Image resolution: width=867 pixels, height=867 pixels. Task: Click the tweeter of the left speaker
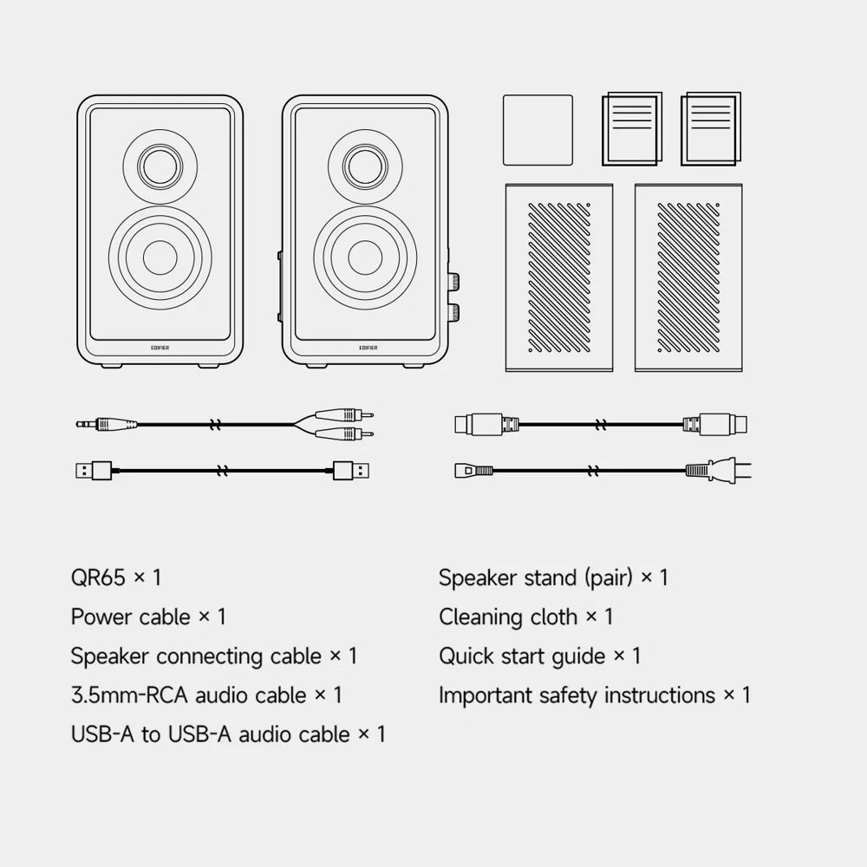pos(160,163)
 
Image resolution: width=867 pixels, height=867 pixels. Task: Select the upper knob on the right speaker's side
pos(453,283)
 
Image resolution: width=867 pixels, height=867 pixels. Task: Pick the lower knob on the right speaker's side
pos(453,312)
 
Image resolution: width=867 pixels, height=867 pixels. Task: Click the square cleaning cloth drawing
pos(538,130)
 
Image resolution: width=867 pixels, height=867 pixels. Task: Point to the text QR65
pos(98,577)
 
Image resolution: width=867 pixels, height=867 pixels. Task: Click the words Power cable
pos(130,617)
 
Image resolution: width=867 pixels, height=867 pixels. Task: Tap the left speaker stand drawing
pos(559,277)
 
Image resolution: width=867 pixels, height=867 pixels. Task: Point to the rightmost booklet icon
pos(711,130)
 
